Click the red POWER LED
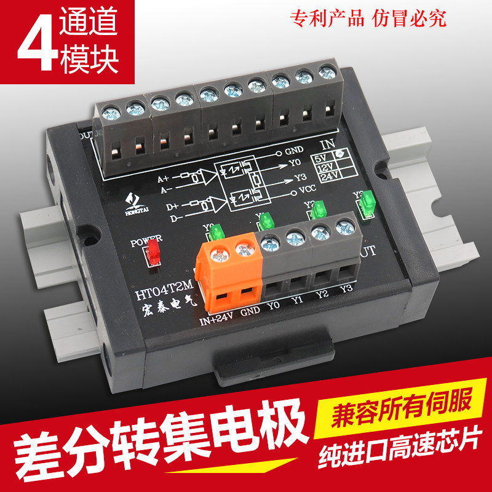pyautogui.click(x=154, y=253)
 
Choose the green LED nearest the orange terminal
pyautogui.click(x=216, y=232)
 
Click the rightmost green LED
pyautogui.click(x=368, y=203)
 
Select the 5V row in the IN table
pyautogui.click(x=323, y=157)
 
